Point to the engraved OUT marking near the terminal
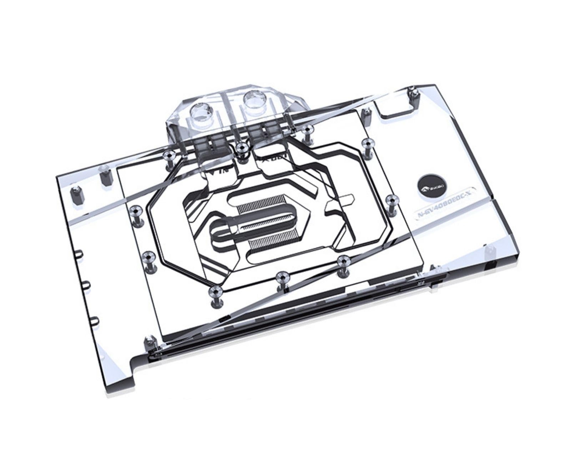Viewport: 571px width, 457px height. pyautogui.click(x=275, y=157)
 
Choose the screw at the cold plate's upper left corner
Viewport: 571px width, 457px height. pyautogui.click(x=168, y=156)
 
